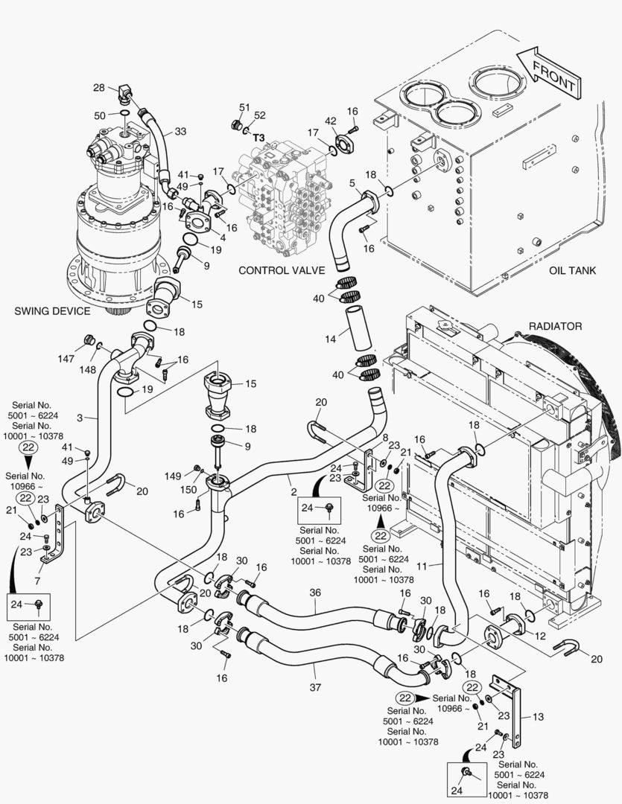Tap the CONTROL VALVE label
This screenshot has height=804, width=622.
[x=282, y=270]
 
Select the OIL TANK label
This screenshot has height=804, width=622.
[x=572, y=271]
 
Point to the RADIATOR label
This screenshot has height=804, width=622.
[x=555, y=326]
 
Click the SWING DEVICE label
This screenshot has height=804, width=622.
[x=52, y=310]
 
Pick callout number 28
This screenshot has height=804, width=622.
[x=99, y=88]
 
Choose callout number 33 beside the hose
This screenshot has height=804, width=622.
[x=180, y=132]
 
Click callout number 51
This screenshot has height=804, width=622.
[x=244, y=108]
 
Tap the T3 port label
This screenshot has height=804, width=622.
[x=258, y=138]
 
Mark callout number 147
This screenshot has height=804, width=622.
[x=67, y=359]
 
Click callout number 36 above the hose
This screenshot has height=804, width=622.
[x=315, y=592]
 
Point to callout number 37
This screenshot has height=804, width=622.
[x=315, y=686]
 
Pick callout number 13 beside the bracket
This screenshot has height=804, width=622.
[x=538, y=716]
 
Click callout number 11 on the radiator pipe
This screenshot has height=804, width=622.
[x=422, y=566]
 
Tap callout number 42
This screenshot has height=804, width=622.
[x=330, y=121]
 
